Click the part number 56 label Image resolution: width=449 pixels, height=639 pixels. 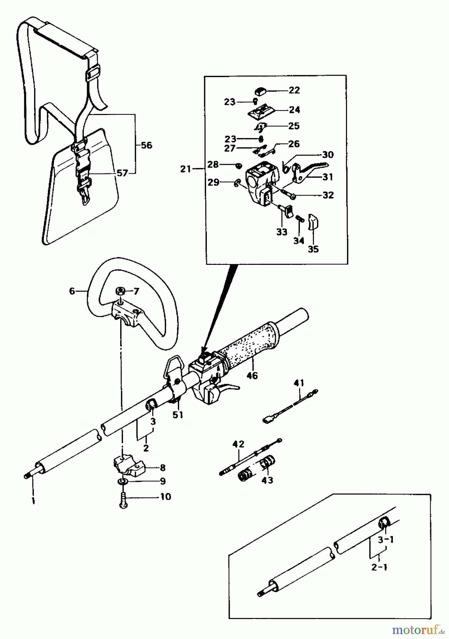coord(146,145)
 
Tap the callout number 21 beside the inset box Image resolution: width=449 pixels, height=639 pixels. coord(186,169)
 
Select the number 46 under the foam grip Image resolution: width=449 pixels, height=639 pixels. coord(252,375)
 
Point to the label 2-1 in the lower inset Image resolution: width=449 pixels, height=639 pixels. coord(379,567)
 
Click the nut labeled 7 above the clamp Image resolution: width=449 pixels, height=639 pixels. coord(121,292)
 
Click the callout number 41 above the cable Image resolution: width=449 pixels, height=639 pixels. coord(299,383)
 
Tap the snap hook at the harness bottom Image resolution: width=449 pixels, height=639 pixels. coord(85,196)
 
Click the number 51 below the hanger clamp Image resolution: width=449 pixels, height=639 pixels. coord(178,415)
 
